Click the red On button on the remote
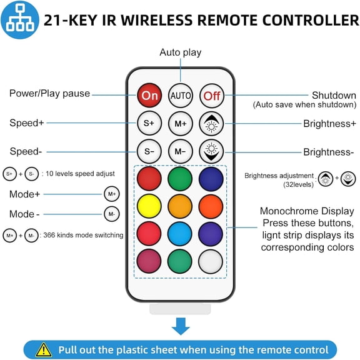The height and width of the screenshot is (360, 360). (149, 95)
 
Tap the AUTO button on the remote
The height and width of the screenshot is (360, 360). (181, 96)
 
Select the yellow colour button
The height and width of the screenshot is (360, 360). (149, 206)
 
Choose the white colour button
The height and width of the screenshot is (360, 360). (211, 261)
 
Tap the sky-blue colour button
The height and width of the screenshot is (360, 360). (180, 234)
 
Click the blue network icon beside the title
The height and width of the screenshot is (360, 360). (20, 20)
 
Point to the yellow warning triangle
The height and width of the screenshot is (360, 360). (44, 350)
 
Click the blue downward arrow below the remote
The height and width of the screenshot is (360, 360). (181, 326)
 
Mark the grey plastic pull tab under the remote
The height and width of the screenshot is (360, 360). (180, 309)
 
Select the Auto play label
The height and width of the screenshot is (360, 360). (181, 52)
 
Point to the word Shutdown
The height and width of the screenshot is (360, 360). (334, 95)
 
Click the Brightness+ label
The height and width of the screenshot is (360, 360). (330, 124)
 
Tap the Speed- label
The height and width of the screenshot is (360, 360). (26, 151)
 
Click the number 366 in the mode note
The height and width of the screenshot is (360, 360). (49, 235)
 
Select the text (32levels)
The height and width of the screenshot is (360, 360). (298, 184)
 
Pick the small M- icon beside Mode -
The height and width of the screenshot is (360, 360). (112, 214)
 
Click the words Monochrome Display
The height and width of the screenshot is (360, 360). (307, 211)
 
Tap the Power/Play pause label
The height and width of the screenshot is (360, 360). (49, 94)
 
